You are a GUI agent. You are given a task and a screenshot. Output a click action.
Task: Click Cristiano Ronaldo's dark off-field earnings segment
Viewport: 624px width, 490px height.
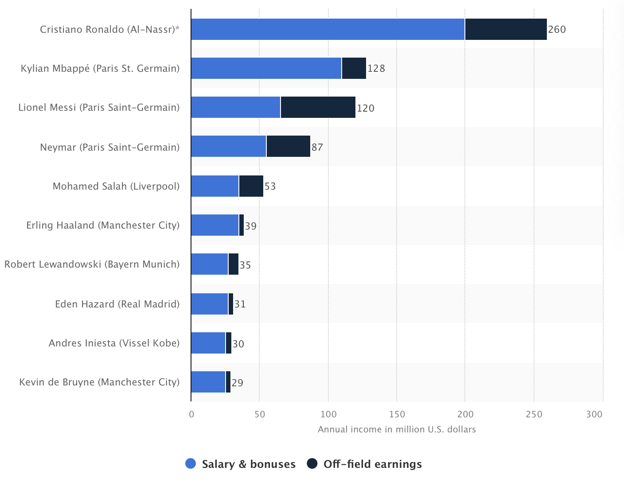[506, 29]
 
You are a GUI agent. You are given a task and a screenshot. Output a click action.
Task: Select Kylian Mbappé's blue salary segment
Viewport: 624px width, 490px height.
[266, 68]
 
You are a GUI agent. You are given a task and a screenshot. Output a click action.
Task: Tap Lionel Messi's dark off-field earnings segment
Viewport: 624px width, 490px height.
[318, 107]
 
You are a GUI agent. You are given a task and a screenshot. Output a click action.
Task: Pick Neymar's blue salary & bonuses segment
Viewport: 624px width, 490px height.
[229, 146]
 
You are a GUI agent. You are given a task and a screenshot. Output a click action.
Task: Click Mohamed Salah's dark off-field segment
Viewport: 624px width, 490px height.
[251, 186]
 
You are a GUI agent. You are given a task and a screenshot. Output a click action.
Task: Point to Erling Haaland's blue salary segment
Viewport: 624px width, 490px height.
[215, 225]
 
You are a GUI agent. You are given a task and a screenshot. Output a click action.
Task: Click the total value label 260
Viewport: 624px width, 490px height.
[557, 30]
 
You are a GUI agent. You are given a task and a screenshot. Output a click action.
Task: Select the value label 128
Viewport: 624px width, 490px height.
[376, 69]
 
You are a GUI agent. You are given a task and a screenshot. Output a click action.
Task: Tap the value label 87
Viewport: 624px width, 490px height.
[317, 147]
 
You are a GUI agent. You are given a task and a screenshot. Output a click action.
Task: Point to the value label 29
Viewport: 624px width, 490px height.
[238, 383]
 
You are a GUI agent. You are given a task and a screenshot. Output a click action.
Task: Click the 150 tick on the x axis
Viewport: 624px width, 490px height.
[397, 414]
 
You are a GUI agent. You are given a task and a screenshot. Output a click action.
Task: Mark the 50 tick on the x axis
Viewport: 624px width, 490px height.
[260, 414]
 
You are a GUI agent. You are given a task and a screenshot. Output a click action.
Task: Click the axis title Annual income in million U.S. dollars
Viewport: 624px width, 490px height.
[397, 429]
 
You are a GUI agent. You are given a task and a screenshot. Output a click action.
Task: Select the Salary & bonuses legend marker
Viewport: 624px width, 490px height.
[191, 464]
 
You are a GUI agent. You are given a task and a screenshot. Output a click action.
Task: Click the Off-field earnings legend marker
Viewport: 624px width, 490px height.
[312, 464]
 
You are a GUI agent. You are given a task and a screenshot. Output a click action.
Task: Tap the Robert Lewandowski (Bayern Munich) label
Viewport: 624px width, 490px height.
[92, 264]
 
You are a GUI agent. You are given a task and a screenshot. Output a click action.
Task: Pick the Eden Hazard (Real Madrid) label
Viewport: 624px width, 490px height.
[117, 304]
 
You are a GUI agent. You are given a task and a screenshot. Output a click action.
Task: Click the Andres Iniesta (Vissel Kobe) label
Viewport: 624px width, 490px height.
[114, 343]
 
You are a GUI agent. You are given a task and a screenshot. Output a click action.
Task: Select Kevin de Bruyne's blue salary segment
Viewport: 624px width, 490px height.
[208, 382]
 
